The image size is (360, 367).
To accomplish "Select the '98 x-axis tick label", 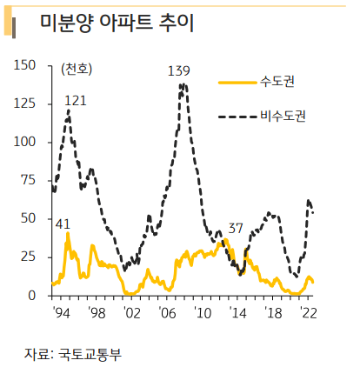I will coord(96,311).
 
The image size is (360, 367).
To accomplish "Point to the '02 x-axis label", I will coord(131,311).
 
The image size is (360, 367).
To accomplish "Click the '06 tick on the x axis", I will coord(167,311).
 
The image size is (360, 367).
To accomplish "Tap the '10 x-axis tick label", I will coord(203,311).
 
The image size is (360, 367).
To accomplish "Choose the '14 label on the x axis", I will coord(238,311).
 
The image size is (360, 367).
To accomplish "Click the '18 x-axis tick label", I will coord(274,311).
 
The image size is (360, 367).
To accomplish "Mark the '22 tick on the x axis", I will coord(308,311).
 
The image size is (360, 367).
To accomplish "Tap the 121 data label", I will coord(76,101).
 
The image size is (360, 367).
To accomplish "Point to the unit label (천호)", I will coord(77,69).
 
